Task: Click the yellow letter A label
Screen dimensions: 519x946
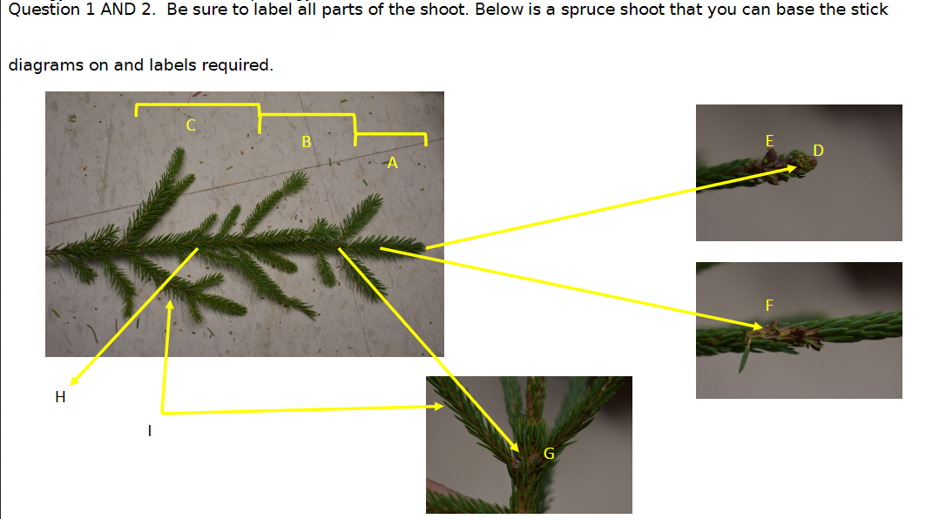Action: point(392,163)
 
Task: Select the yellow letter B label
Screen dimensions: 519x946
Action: point(306,141)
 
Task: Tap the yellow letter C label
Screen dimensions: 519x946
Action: point(191,125)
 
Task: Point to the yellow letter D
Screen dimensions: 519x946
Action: point(817,151)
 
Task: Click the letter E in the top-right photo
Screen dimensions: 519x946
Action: point(768,140)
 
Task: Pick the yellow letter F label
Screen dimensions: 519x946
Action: point(768,305)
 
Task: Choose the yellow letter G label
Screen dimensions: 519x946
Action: point(549,453)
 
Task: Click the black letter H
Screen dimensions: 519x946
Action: point(59,398)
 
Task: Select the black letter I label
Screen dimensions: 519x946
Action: point(150,430)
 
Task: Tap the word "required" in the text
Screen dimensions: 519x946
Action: point(243,65)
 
